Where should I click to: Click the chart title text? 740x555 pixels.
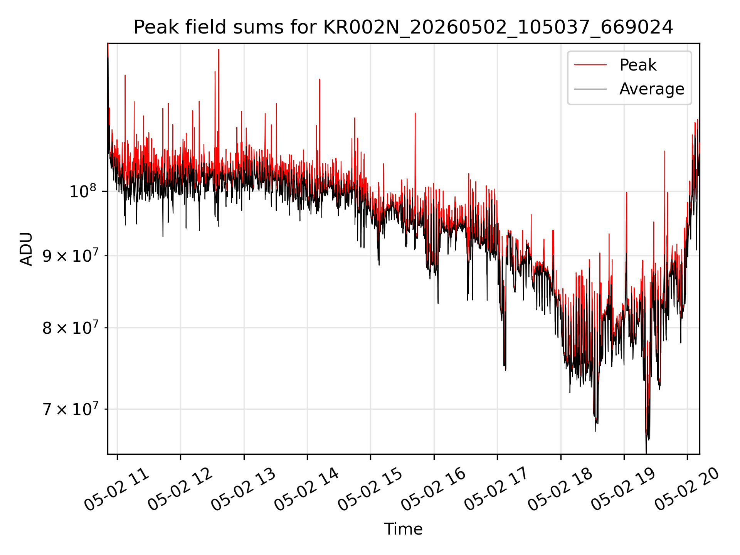(403, 27)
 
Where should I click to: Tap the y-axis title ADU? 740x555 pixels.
(26, 249)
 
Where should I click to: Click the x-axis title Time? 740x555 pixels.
(403, 529)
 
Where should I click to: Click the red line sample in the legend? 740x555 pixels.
(590, 65)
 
